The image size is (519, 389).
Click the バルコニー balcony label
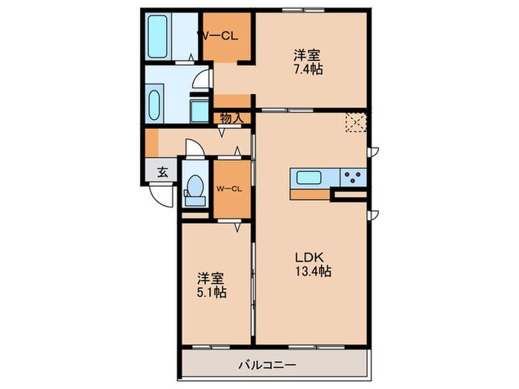click(267, 365)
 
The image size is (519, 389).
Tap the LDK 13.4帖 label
click(313, 265)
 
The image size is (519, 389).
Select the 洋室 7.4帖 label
click(308, 62)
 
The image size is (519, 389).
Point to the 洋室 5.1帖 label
click(212, 285)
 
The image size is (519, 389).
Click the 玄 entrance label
click(162, 172)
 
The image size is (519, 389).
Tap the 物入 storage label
click(231, 118)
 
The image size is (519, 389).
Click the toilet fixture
click(195, 190)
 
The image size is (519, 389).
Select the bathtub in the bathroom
click(157, 36)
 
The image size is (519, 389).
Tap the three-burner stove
click(353, 177)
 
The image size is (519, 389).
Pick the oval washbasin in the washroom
click(154, 105)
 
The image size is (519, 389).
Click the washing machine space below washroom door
click(199, 111)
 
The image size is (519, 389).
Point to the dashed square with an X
click(356, 123)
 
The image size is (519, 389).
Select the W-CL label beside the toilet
click(229, 189)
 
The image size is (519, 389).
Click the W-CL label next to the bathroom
click(218, 36)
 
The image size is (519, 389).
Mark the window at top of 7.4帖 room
click(303, 10)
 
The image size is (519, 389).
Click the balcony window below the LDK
click(317, 347)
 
